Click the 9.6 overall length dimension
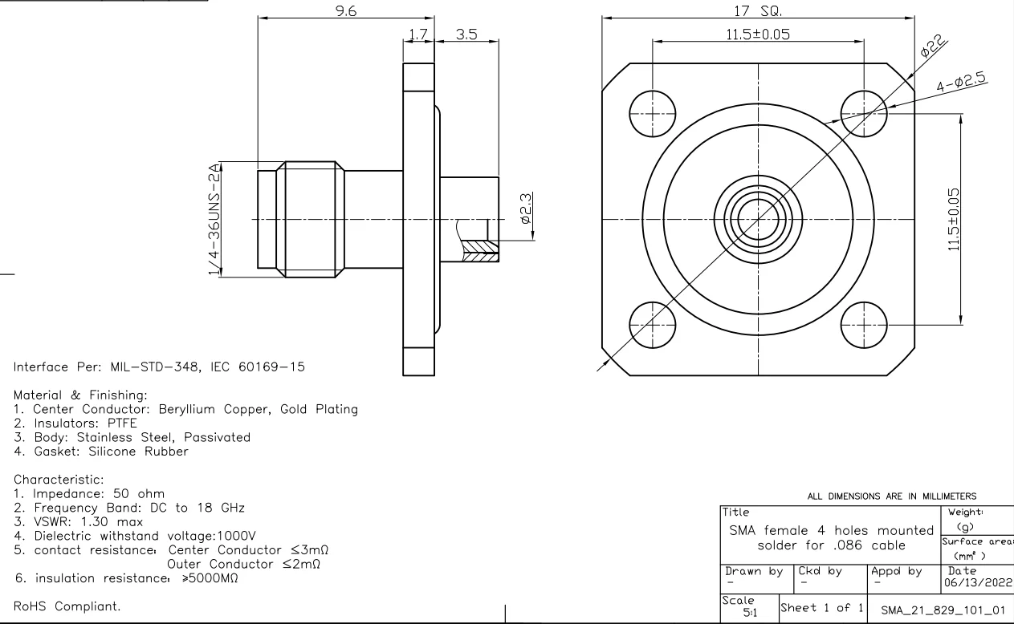[346, 11]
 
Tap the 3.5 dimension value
[466, 34]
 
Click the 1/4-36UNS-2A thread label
[214, 220]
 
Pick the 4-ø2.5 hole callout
[961, 80]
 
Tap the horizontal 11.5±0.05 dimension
[757, 34]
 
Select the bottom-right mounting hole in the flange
[863, 325]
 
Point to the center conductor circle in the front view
[758, 219]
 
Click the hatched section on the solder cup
[480, 251]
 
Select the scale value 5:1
[748, 614]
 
